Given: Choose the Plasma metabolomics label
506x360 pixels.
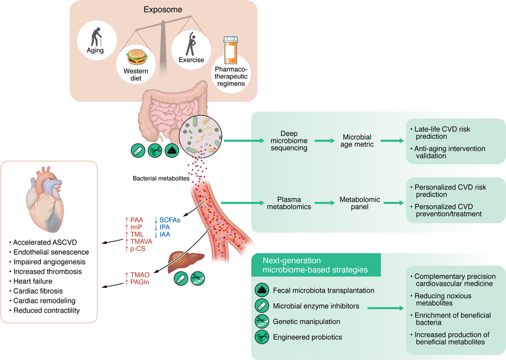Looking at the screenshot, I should click(292, 203).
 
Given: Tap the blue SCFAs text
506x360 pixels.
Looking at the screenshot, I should click(170, 220).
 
